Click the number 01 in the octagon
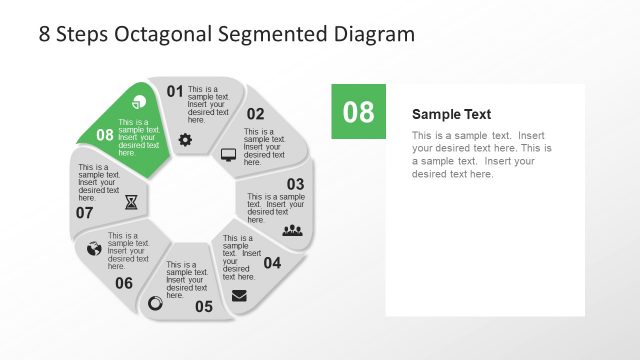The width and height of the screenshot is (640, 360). (x=175, y=92)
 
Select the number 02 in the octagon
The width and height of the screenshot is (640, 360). (x=256, y=114)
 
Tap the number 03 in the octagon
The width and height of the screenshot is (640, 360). (x=295, y=184)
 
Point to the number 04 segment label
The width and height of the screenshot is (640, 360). (x=272, y=263)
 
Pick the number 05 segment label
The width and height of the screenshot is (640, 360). (x=204, y=306)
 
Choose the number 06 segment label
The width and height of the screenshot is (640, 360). (x=124, y=283)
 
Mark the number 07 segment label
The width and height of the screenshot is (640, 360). (x=84, y=212)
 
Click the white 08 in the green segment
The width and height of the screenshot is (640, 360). (x=105, y=134)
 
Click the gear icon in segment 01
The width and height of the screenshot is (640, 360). (x=185, y=140)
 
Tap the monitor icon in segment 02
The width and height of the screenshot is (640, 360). (x=228, y=155)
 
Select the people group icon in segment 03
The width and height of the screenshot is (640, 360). (x=292, y=230)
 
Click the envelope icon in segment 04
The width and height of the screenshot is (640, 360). (x=239, y=295)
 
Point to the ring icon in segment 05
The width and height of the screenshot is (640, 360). (x=155, y=303)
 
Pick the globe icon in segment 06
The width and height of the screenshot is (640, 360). (x=94, y=248)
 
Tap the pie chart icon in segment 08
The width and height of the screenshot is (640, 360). (x=139, y=101)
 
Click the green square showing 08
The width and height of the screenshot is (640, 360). (x=358, y=112)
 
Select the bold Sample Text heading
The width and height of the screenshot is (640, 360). (x=451, y=114)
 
